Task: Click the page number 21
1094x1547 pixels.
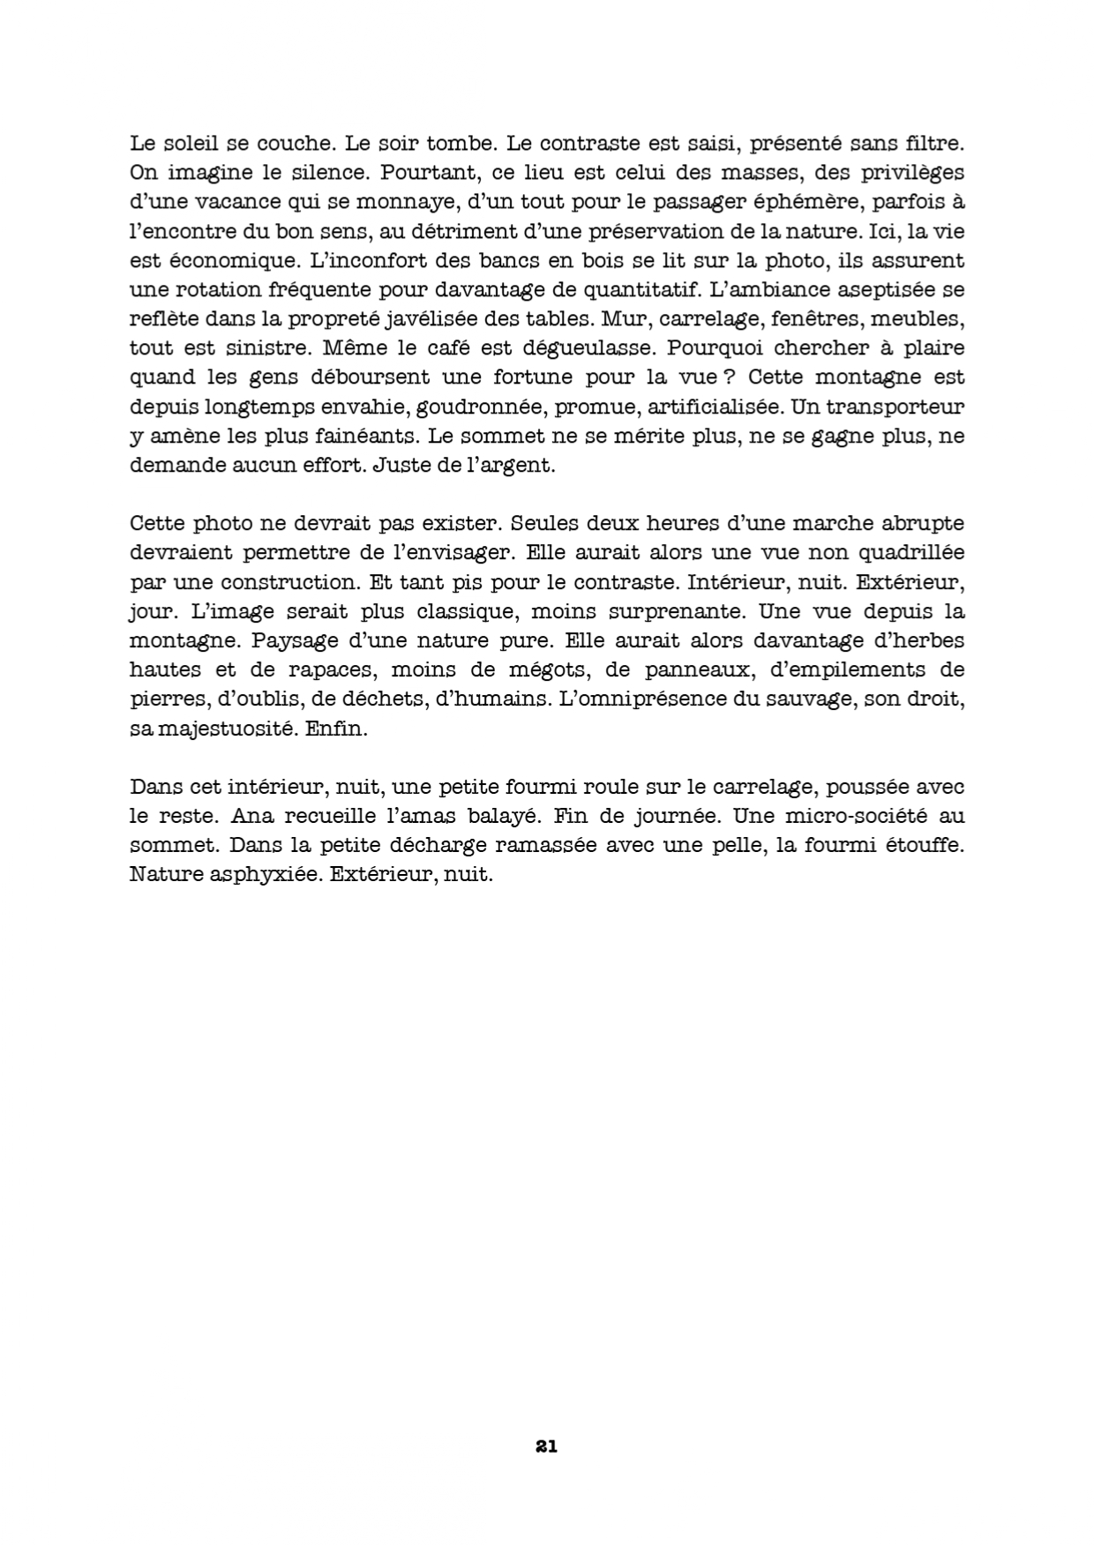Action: pos(546,1446)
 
